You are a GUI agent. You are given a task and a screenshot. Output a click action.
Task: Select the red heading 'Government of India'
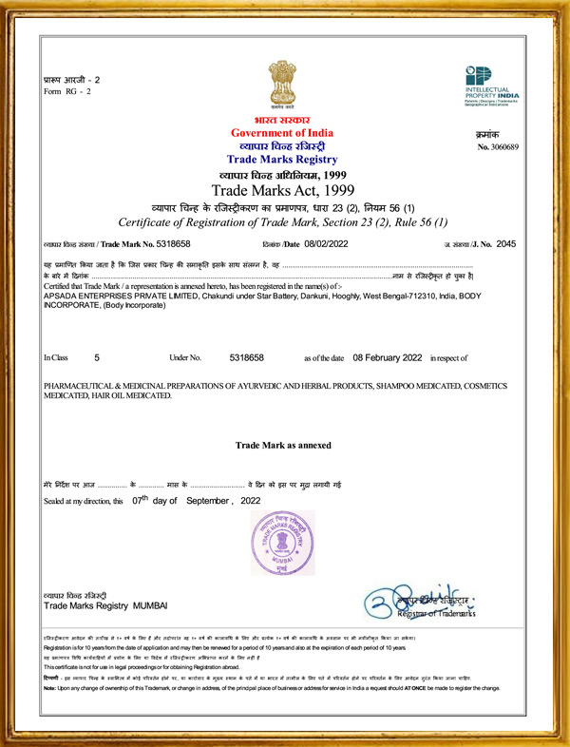pyautogui.click(x=284, y=133)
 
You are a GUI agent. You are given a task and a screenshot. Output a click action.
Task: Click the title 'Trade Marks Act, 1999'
pyautogui.click(x=284, y=190)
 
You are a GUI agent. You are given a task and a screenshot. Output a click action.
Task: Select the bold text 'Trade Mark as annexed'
pyautogui.click(x=284, y=445)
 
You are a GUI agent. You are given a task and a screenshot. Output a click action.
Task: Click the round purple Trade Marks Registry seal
pyautogui.click(x=282, y=541)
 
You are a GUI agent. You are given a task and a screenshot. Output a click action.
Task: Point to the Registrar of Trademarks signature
pyautogui.click(x=427, y=603)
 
